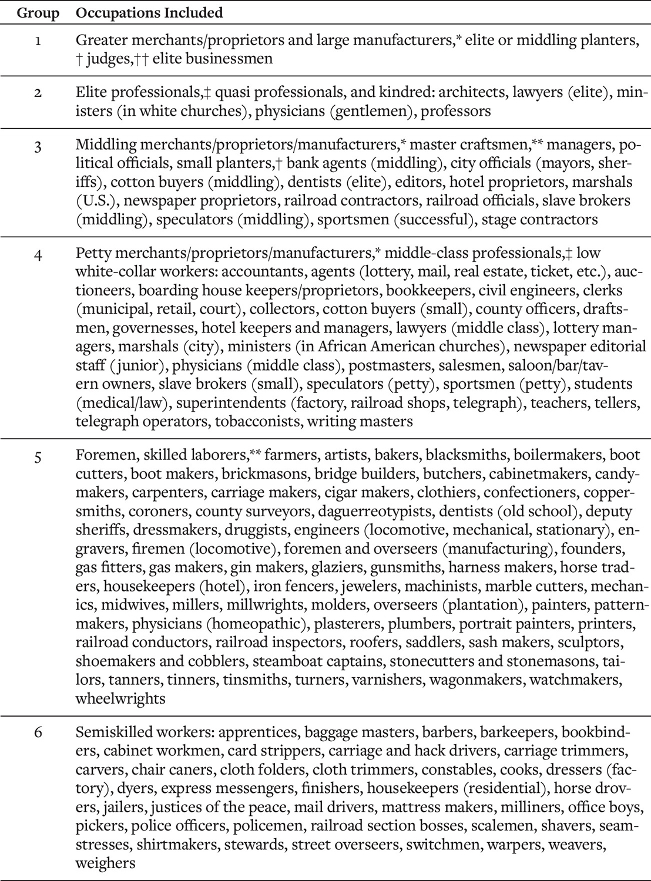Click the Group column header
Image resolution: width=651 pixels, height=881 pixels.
(x=38, y=12)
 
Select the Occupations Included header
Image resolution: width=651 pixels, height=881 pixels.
(x=149, y=12)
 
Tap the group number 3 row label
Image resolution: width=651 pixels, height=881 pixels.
(x=38, y=146)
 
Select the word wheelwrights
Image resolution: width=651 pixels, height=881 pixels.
(x=120, y=699)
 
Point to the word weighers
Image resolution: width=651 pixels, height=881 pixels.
(x=105, y=863)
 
